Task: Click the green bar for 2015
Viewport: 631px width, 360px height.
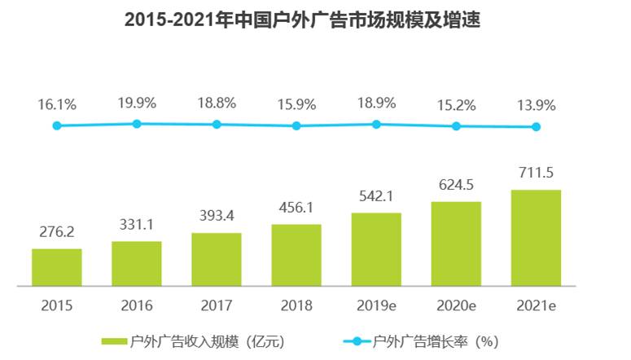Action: (x=56, y=267)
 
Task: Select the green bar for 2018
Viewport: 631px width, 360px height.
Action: (x=296, y=255)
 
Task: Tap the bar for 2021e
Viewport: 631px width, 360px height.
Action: (x=536, y=238)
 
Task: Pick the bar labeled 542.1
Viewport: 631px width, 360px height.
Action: (x=376, y=249)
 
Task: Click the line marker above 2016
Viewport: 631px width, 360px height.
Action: (x=137, y=124)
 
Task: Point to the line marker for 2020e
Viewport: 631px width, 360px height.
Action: (x=456, y=126)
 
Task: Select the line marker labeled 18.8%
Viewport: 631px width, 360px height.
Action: (x=217, y=125)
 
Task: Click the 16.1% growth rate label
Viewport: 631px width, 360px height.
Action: (x=56, y=104)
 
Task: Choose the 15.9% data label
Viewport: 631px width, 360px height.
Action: (x=296, y=104)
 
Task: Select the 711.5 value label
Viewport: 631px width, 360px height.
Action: (x=536, y=173)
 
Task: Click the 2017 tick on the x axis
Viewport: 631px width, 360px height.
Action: (x=217, y=306)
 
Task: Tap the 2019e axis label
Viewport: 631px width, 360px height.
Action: (x=376, y=306)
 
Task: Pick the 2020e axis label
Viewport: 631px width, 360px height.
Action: (x=456, y=306)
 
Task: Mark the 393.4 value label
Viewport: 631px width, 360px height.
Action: (x=217, y=215)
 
